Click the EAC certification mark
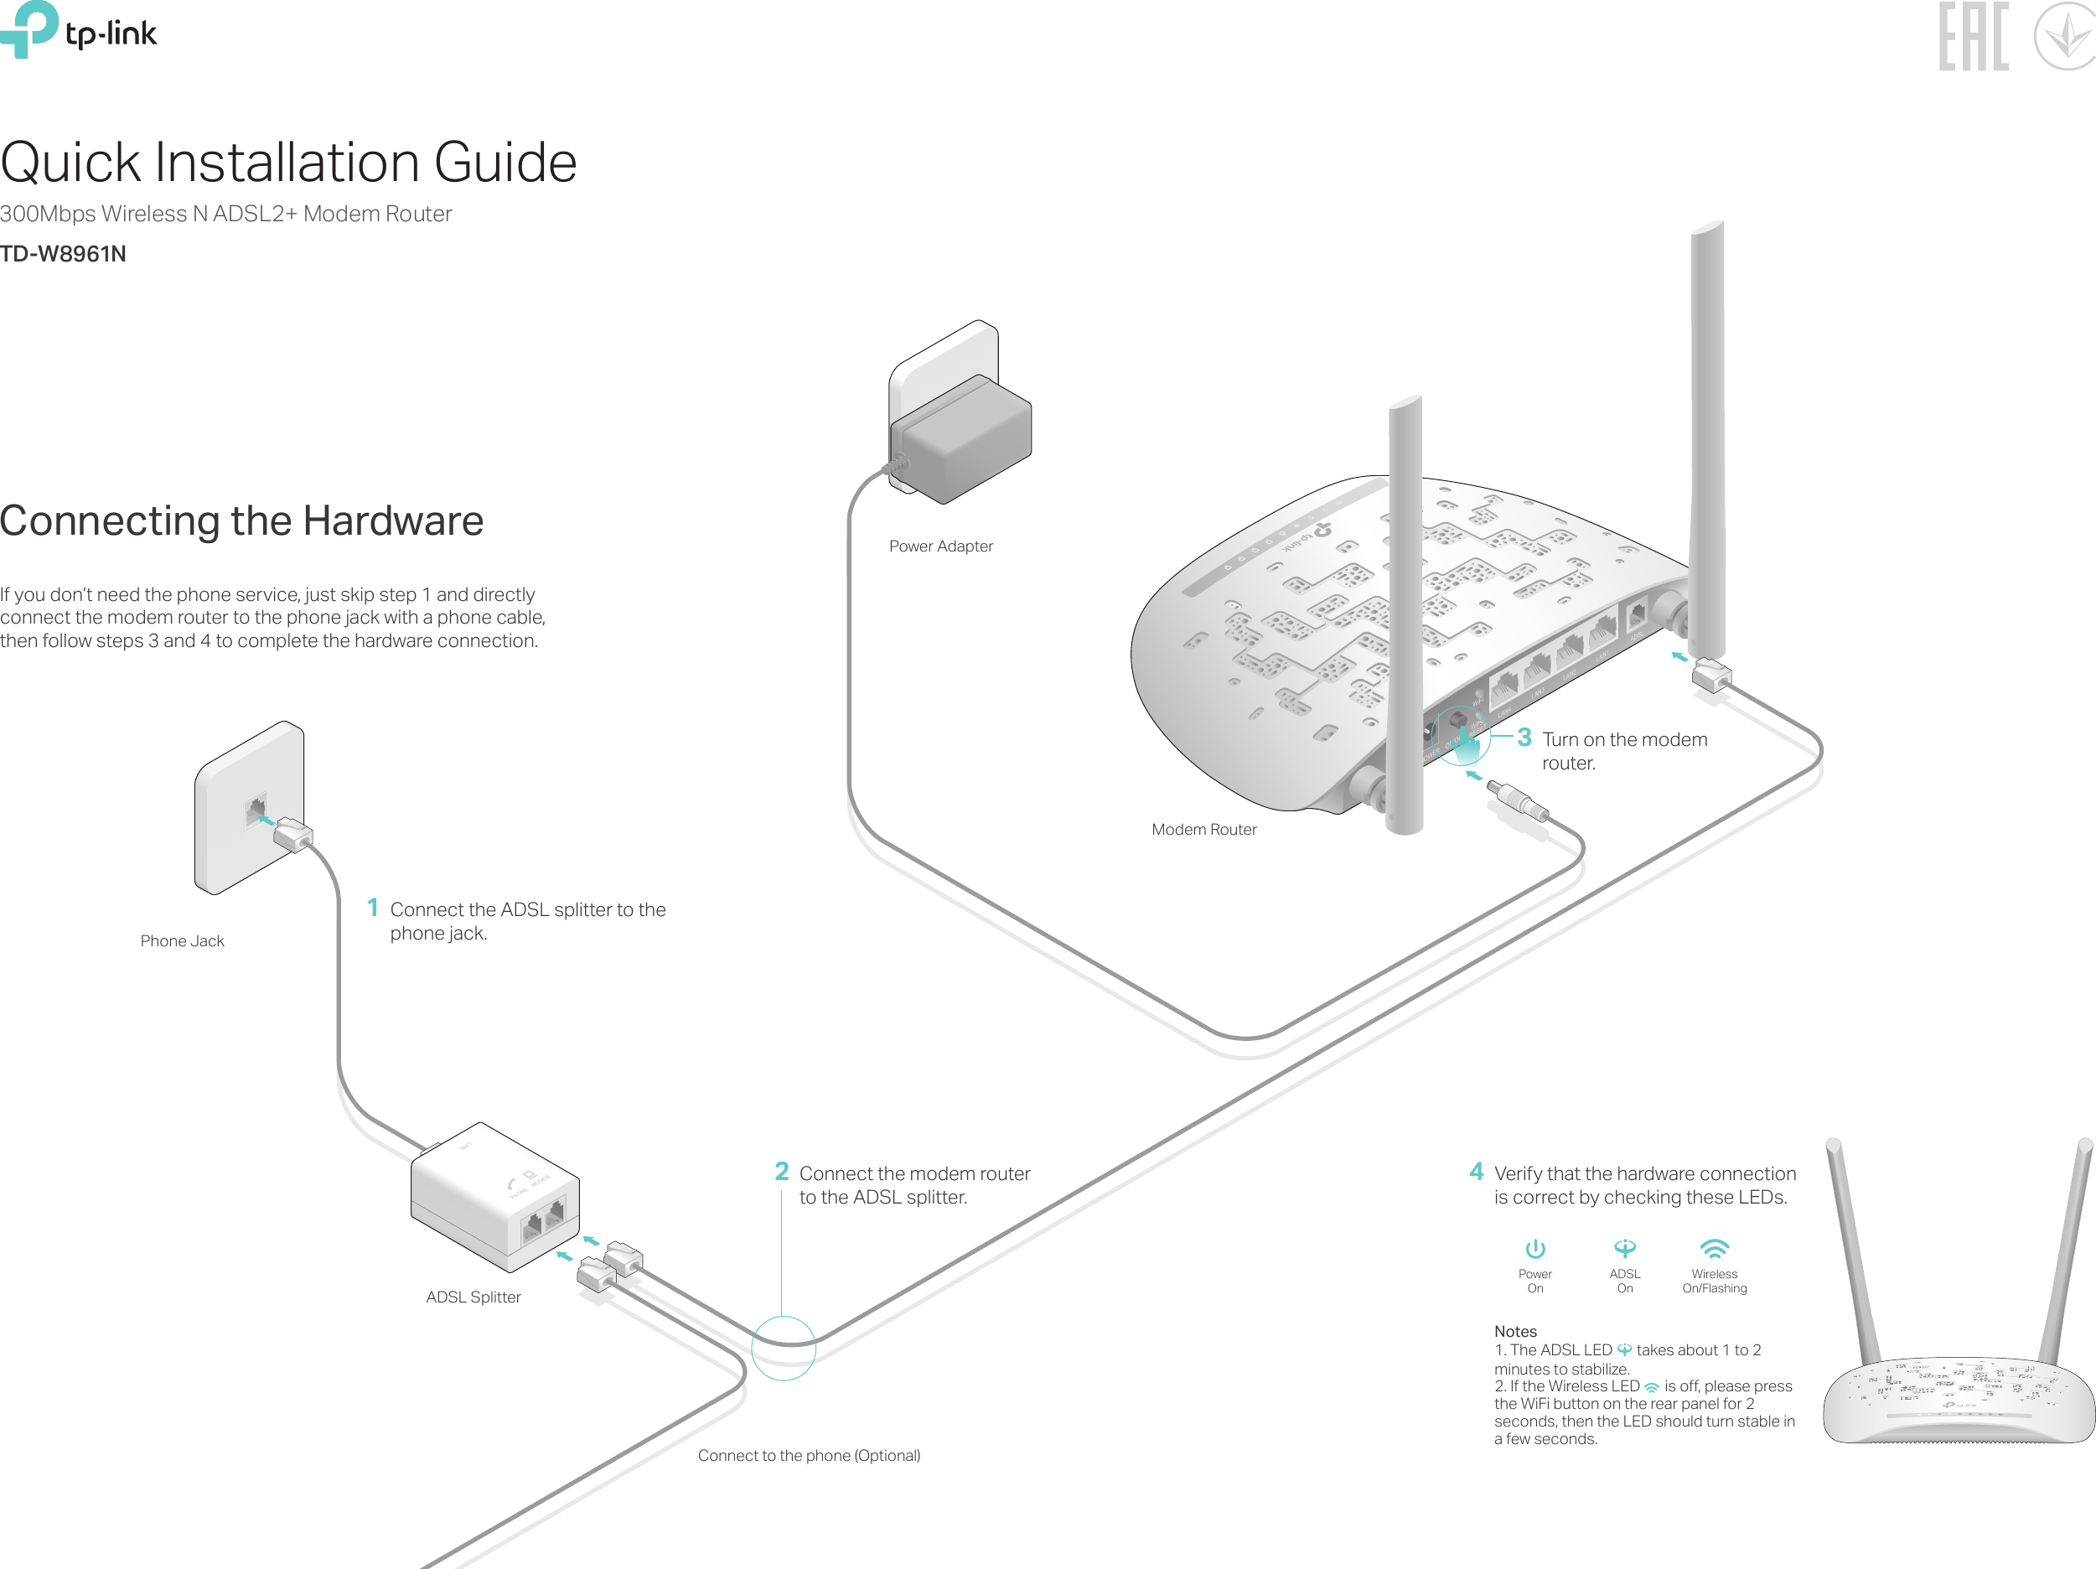(x=1973, y=37)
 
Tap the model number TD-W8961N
(x=63, y=254)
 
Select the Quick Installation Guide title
(x=288, y=162)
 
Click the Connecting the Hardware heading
(x=241, y=520)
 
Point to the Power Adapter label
(x=940, y=546)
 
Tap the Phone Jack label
(x=182, y=941)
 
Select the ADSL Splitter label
(x=473, y=1297)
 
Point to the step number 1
(x=372, y=908)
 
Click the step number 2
(x=782, y=1172)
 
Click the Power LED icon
(x=1535, y=1249)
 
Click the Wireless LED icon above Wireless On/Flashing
(x=1714, y=1248)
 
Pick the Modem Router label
(x=1203, y=829)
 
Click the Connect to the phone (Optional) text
(x=808, y=1455)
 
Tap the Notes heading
(x=1515, y=1331)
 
